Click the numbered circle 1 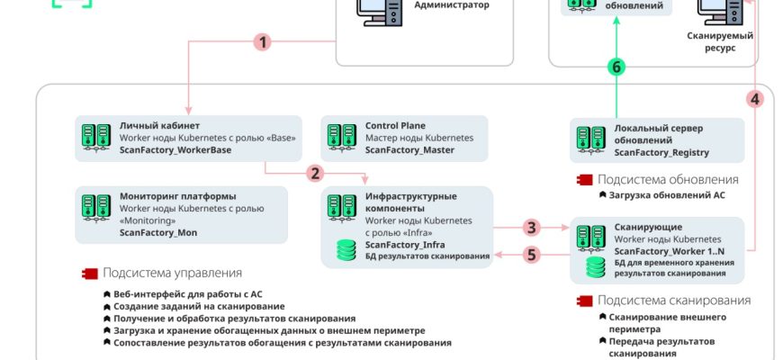[x=262, y=42]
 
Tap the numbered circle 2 [x=313, y=173]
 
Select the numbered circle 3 [x=532, y=228]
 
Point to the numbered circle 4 [x=755, y=99]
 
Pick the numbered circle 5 [x=532, y=255]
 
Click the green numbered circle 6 [x=616, y=67]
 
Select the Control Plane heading [x=395, y=125]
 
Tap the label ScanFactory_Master [x=409, y=149]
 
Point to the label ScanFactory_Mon [x=157, y=232]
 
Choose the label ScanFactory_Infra [x=401, y=244]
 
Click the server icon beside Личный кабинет [x=96, y=137]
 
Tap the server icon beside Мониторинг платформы [x=96, y=208]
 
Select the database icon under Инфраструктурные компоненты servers [x=346, y=250]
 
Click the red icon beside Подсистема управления [x=89, y=273]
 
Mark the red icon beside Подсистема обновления [x=583, y=179]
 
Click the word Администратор [x=452, y=4]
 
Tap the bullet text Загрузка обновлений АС [x=666, y=193]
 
